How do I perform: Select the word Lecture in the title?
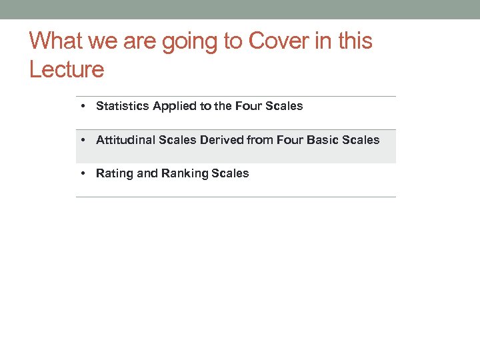pos(67,69)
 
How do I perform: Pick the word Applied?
pos(175,107)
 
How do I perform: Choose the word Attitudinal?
pos(126,140)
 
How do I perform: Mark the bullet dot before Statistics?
pos(81,106)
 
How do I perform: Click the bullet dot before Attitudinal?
pos(81,140)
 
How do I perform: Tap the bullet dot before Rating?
pos(81,173)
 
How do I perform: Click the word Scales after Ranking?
pos(230,173)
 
